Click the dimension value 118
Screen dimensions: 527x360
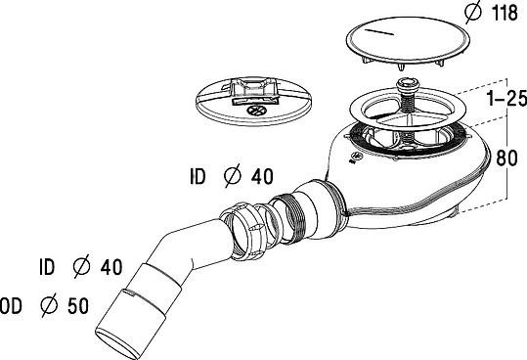[505, 13]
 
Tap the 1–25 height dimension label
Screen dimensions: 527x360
[507, 99]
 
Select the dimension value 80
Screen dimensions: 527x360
[506, 157]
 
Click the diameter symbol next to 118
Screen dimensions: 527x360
[473, 13]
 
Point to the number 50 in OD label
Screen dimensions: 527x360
[78, 306]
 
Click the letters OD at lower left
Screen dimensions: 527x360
[11, 306]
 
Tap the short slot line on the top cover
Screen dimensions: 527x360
[378, 32]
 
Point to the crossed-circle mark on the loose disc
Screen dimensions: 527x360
[256, 111]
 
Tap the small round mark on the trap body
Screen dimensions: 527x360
[356, 157]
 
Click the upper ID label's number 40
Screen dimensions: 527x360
[262, 176]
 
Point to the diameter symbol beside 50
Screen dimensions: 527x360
[50, 305]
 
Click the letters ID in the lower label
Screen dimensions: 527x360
[47, 267]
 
